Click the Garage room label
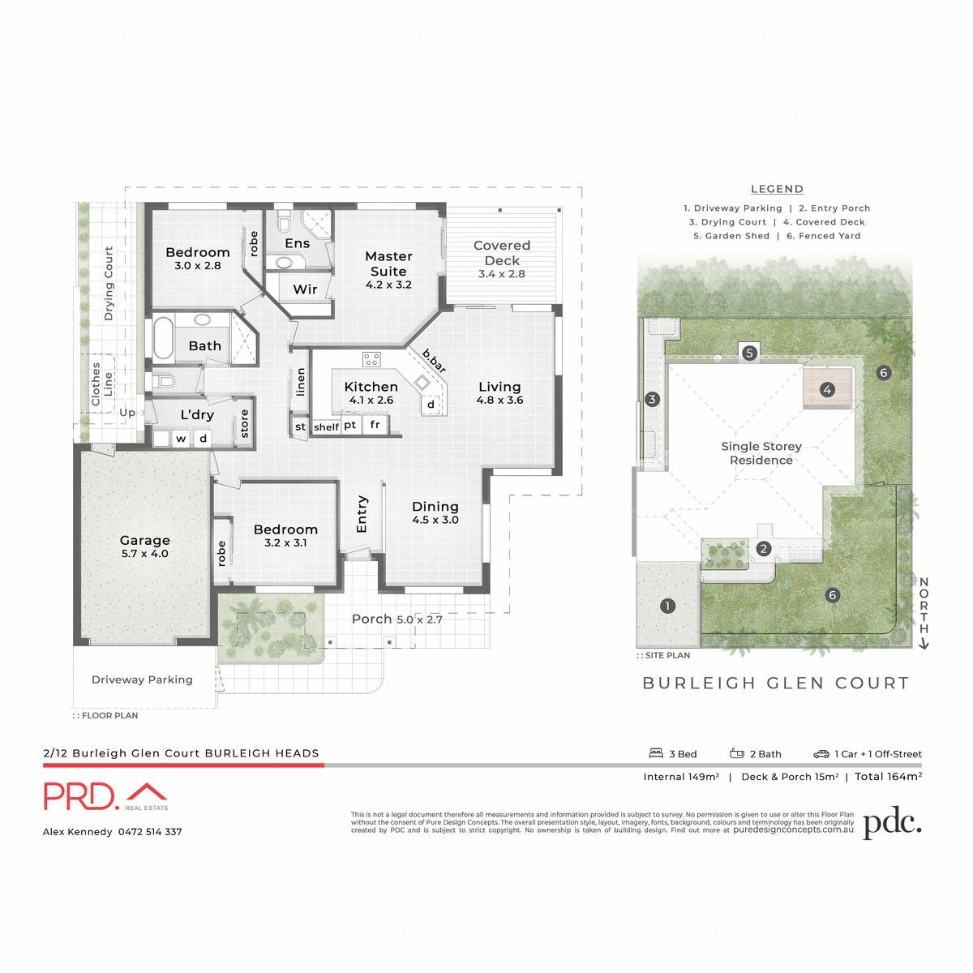tap(145, 541)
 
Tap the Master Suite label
tap(388, 264)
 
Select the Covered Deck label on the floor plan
tap(502, 253)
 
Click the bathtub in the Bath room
tap(163, 338)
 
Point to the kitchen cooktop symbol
tap(371, 359)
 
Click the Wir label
tap(306, 289)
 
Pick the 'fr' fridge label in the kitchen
tap(375, 425)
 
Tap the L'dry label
tap(197, 415)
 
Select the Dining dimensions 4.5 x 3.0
tap(435, 521)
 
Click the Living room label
tap(499, 388)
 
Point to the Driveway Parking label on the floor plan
tap(142, 680)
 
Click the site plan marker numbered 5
tap(749, 353)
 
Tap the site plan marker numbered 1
tap(667, 606)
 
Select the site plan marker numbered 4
tap(827, 390)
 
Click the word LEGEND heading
tap(777, 189)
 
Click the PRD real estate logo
tap(105, 796)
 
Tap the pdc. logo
tap(892, 823)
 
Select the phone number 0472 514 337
tap(150, 832)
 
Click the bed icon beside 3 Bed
tap(656, 753)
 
